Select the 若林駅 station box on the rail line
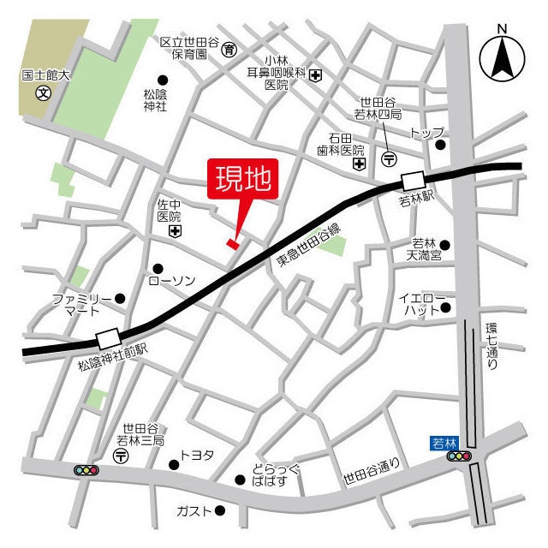tap(413, 182)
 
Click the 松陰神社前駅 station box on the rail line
tap(109, 337)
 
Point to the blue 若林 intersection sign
tap(444, 443)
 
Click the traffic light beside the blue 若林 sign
tap(460, 457)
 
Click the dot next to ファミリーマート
tap(120, 298)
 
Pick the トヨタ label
tap(197, 456)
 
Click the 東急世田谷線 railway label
tap(307, 247)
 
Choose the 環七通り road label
tap(491, 345)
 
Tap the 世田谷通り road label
tap(371, 467)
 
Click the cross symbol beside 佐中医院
tap(176, 231)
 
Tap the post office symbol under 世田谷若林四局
tap(390, 158)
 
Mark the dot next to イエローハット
tap(444, 307)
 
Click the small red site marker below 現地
tap(231, 244)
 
